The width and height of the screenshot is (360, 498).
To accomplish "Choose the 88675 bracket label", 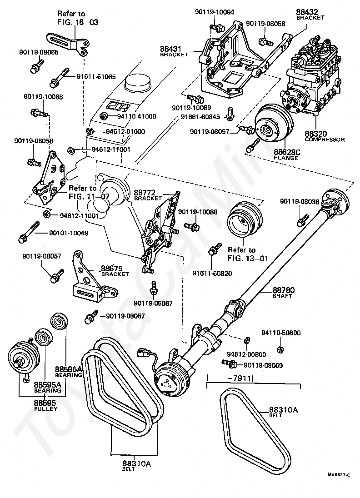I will pyautogui.click(x=112, y=269).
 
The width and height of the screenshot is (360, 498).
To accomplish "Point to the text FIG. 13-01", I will pyautogui.click(x=248, y=259).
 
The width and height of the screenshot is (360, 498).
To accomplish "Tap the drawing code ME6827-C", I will pyautogui.click(x=339, y=474).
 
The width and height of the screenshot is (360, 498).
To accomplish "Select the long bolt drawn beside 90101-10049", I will pyautogui.click(x=31, y=232).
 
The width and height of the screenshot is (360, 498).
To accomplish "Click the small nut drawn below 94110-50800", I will pyautogui.click(x=280, y=349).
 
